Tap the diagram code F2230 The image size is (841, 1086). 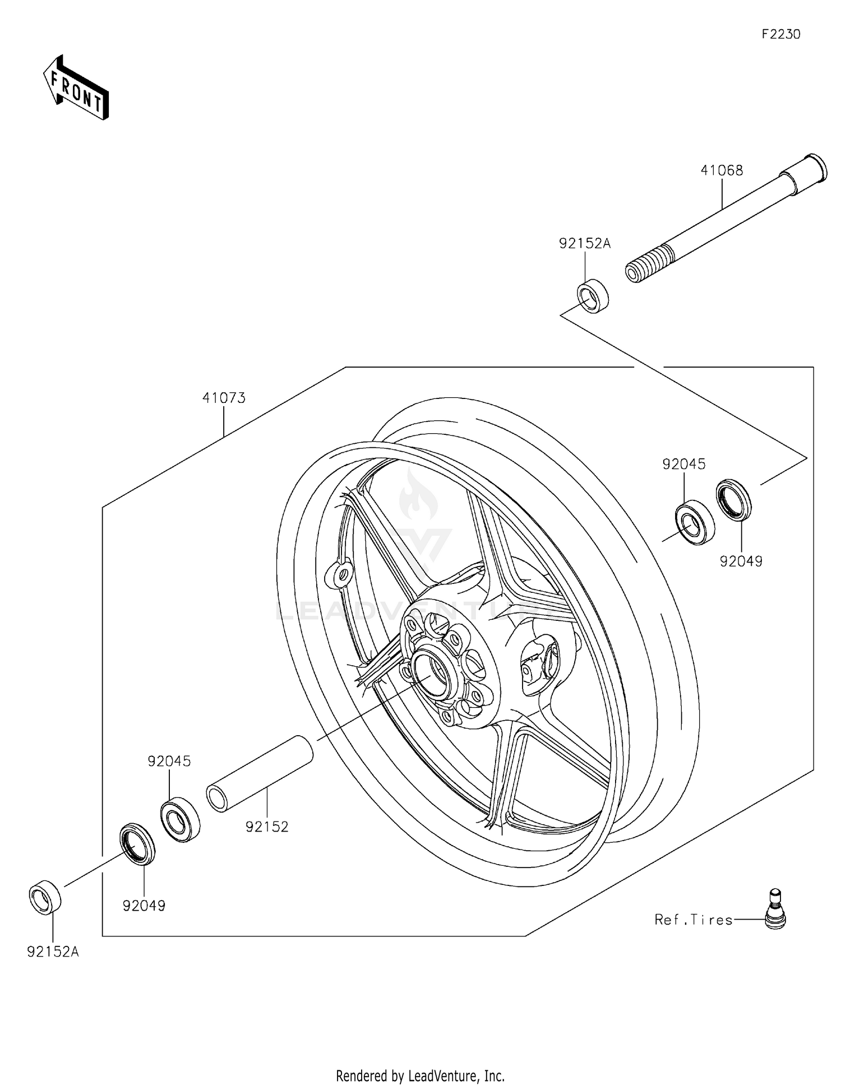780,34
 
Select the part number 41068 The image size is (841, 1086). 722,170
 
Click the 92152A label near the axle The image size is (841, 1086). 584,243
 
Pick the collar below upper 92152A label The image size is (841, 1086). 593,295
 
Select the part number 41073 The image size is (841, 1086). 224,398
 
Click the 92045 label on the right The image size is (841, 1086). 683,464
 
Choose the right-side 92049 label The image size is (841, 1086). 741,561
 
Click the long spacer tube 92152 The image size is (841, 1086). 260,773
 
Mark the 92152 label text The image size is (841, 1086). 267,827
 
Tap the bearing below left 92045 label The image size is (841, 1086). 181,819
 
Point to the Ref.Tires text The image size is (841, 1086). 694,920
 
